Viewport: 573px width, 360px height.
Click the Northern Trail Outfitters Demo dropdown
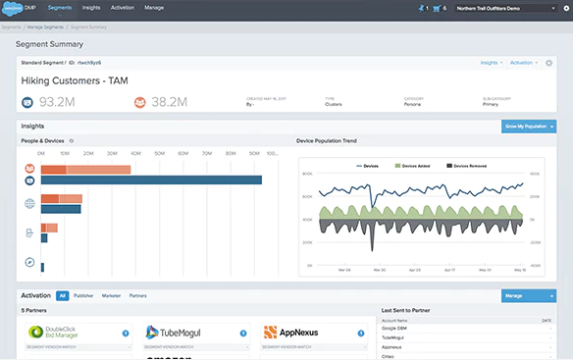tap(497, 7)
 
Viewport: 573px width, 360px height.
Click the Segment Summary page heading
tap(49, 44)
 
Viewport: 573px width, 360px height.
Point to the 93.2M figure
tap(61, 101)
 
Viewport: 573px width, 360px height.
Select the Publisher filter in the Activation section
tap(83, 294)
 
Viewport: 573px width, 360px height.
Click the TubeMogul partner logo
tap(178, 334)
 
